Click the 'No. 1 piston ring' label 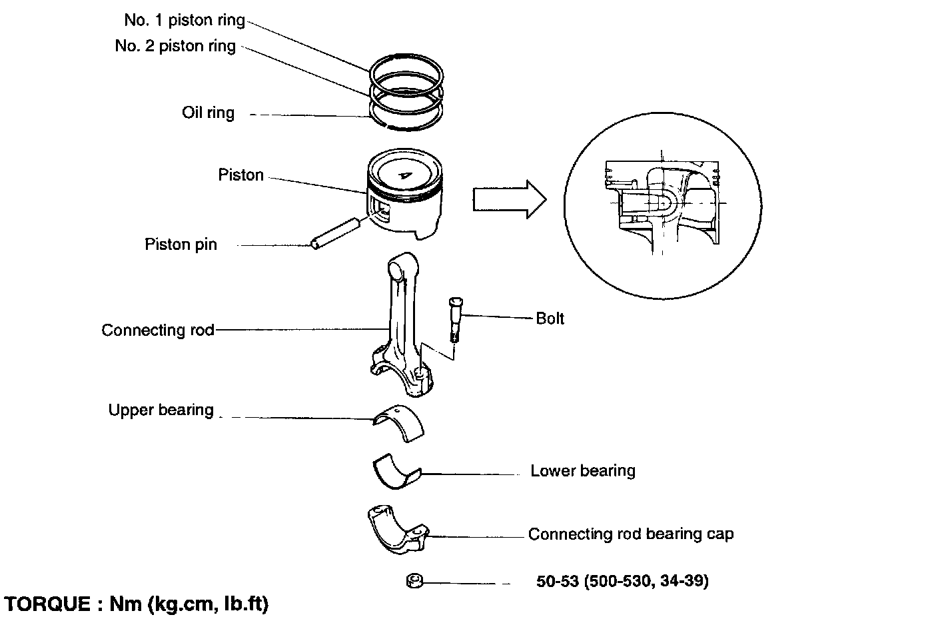point(185,20)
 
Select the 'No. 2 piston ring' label point(175,46)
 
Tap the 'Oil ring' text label point(208,112)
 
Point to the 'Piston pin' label point(181,245)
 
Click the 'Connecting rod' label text point(158,330)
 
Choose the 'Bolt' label point(550,318)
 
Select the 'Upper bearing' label point(161,410)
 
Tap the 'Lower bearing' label point(582,471)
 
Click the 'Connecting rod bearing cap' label point(630,534)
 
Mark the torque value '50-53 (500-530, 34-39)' point(622,581)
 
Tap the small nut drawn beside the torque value point(413,582)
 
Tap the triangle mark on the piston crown point(404,175)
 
